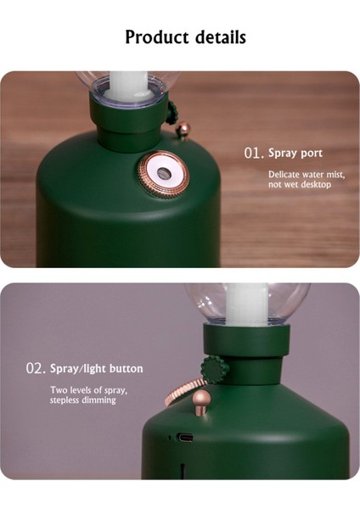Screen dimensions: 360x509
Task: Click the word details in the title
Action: click(x=221, y=37)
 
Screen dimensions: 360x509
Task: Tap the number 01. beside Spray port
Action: click(x=254, y=154)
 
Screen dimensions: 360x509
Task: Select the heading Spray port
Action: click(x=295, y=154)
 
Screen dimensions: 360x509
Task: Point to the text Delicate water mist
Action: click(x=307, y=175)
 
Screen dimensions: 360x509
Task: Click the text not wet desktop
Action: click(x=300, y=185)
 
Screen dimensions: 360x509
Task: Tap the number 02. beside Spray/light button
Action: click(x=36, y=369)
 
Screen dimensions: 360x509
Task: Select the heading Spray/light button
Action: click(x=97, y=369)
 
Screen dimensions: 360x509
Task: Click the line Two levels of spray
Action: click(x=88, y=390)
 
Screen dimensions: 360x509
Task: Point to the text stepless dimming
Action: click(x=83, y=400)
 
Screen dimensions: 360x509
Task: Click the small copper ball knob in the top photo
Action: click(x=183, y=129)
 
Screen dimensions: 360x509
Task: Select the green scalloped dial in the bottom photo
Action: click(x=215, y=370)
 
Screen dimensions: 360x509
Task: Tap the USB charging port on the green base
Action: click(x=184, y=437)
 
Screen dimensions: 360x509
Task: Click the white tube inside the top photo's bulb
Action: click(x=130, y=85)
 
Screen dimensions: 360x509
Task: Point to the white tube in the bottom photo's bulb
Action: click(x=248, y=305)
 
